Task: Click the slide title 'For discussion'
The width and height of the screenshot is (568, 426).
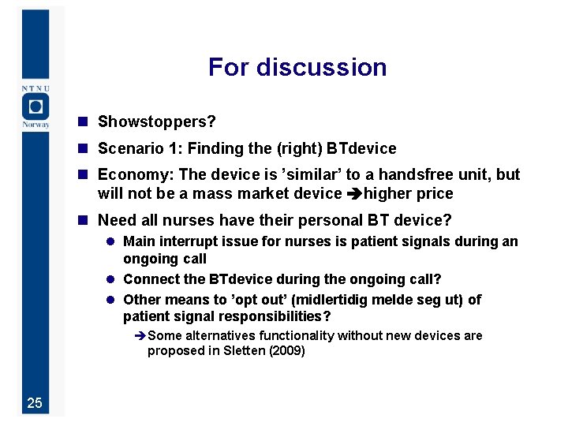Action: click(297, 67)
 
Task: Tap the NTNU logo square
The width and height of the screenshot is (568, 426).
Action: click(35, 106)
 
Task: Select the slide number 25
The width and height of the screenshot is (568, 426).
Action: click(35, 403)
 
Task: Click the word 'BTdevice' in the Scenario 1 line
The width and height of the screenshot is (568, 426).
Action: click(361, 148)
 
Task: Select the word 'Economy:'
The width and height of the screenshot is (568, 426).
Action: click(130, 175)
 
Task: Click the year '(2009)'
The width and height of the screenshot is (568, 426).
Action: click(286, 351)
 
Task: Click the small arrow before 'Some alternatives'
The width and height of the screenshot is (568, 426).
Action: click(140, 336)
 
